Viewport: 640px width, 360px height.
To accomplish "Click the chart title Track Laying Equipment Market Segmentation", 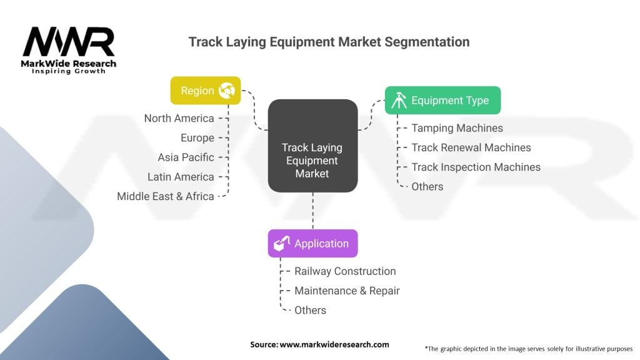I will coord(329,42).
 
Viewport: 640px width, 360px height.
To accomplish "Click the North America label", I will coord(179,118).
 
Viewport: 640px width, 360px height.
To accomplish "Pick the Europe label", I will coord(197,137).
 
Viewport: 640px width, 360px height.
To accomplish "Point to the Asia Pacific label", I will coord(186,157).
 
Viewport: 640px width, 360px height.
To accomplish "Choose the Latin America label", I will coord(181,177).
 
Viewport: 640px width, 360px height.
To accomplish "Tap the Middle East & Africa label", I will coord(166,196).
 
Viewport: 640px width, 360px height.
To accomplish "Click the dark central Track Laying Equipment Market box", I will coord(312,145).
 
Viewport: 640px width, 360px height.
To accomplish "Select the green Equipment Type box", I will coord(442,100).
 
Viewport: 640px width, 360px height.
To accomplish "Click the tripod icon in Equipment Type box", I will coord(399,101).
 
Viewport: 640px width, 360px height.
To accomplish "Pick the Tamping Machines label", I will coord(457,128).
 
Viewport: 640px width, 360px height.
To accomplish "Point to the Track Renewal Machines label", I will coord(471,147).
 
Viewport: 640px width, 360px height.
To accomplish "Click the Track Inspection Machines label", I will coord(476,167).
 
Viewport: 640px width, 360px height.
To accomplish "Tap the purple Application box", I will coord(312,243).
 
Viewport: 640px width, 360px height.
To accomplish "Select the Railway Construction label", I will coord(345,271).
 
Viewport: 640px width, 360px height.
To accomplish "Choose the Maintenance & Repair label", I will coord(347,291).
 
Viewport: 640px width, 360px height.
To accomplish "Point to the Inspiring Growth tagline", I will coord(69,71).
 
